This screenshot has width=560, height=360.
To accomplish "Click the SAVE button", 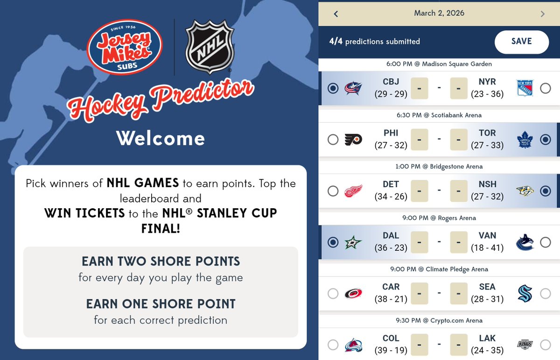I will [521, 42].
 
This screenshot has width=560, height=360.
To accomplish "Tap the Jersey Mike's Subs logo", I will [125, 47].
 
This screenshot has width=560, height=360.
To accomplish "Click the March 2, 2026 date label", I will [439, 13].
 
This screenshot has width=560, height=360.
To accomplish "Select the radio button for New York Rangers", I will [545, 88].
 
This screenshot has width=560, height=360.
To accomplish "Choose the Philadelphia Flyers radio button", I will [333, 140].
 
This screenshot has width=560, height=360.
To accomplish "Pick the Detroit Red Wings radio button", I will [333, 191].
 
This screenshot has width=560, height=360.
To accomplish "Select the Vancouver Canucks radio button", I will [545, 242].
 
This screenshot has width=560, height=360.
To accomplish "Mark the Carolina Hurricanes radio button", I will [333, 294].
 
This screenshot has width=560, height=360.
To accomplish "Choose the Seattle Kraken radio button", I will [545, 294].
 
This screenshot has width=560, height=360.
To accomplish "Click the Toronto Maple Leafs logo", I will [525, 140].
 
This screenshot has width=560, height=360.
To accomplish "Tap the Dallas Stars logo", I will [353, 242].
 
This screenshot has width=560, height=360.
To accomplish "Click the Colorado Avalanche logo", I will [353, 345].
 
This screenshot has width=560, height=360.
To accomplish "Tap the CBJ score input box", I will [420, 88].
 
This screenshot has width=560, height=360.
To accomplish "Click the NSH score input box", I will [458, 191].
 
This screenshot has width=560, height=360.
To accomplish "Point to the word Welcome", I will [161, 139].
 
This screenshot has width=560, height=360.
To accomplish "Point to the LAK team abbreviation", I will [487, 338].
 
